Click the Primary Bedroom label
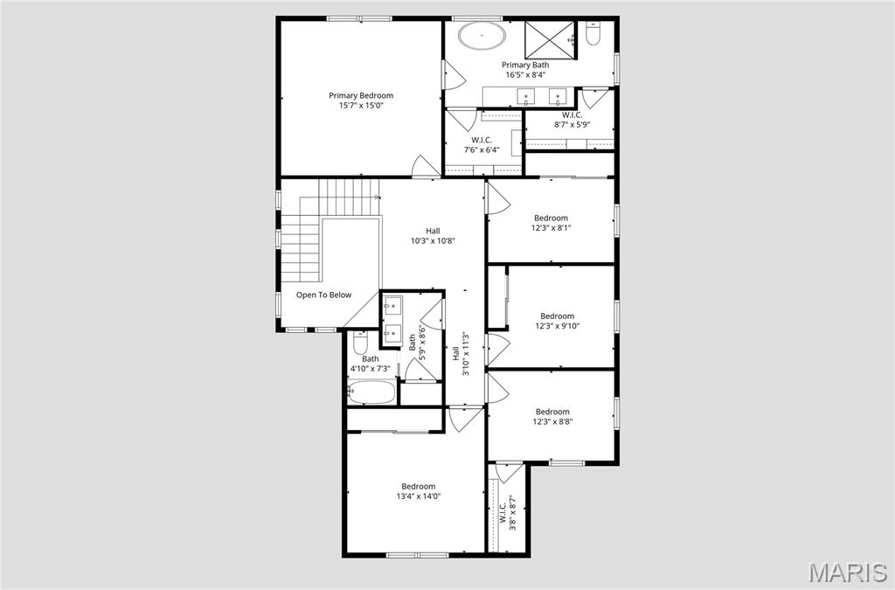pos(361,95)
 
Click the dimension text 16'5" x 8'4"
pos(524,75)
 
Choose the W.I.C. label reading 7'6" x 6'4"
pos(482,140)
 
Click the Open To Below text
pos(323,295)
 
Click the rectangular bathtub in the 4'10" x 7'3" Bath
pos(371,392)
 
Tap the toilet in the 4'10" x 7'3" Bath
pos(361,342)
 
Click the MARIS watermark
pos(848,573)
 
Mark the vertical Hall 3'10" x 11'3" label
pos(461,353)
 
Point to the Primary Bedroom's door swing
pos(427,166)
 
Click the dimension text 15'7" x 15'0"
pos(361,106)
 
